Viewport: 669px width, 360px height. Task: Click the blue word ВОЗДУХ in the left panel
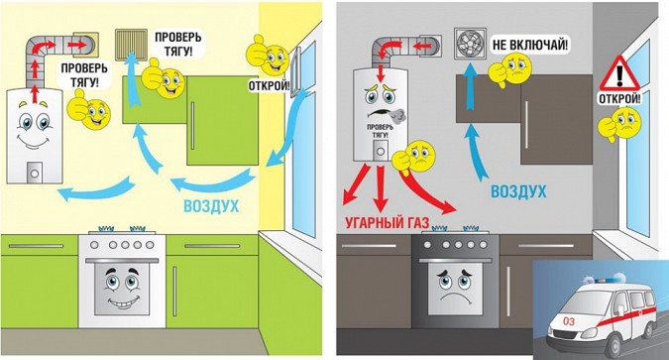click(211, 206)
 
